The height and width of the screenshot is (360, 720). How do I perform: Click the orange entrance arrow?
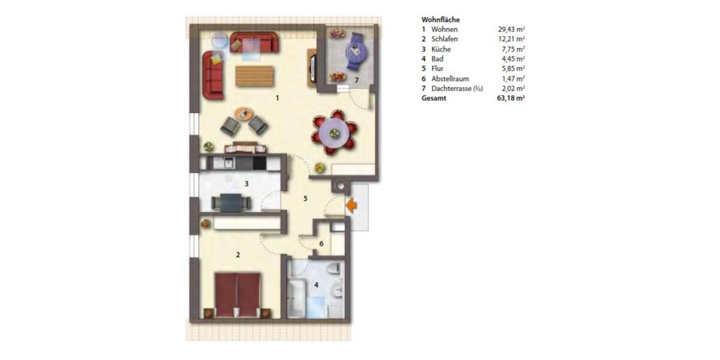[x=352, y=206]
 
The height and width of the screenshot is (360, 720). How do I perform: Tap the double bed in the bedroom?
[x=238, y=293]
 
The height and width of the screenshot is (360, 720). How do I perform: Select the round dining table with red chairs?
[x=334, y=130]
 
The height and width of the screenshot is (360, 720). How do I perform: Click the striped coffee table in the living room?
[x=254, y=76]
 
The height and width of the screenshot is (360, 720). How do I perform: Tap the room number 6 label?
[x=321, y=244]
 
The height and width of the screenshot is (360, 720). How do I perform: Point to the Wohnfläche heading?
[x=440, y=19]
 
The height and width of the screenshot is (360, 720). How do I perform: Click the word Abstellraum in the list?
[x=449, y=78]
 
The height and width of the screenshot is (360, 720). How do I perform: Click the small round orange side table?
[x=244, y=113]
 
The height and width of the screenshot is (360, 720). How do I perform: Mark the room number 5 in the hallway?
[x=305, y=198]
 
